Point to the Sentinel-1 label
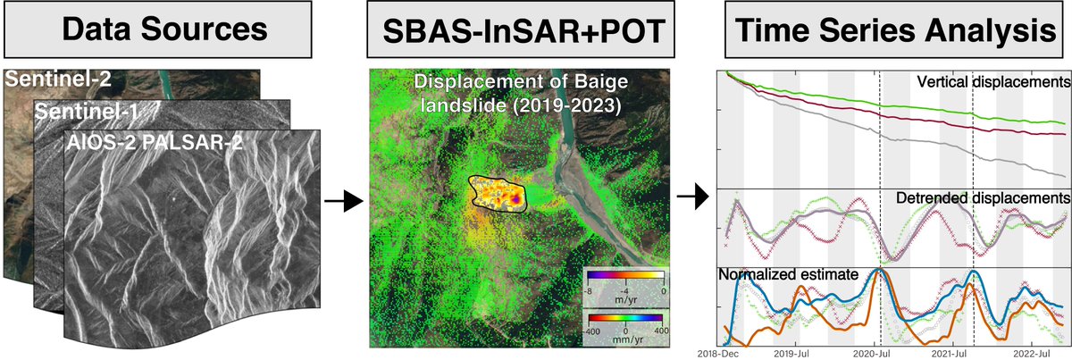pos(82,111)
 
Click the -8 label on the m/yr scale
pos(590,289)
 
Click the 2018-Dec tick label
pos(722,354)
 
